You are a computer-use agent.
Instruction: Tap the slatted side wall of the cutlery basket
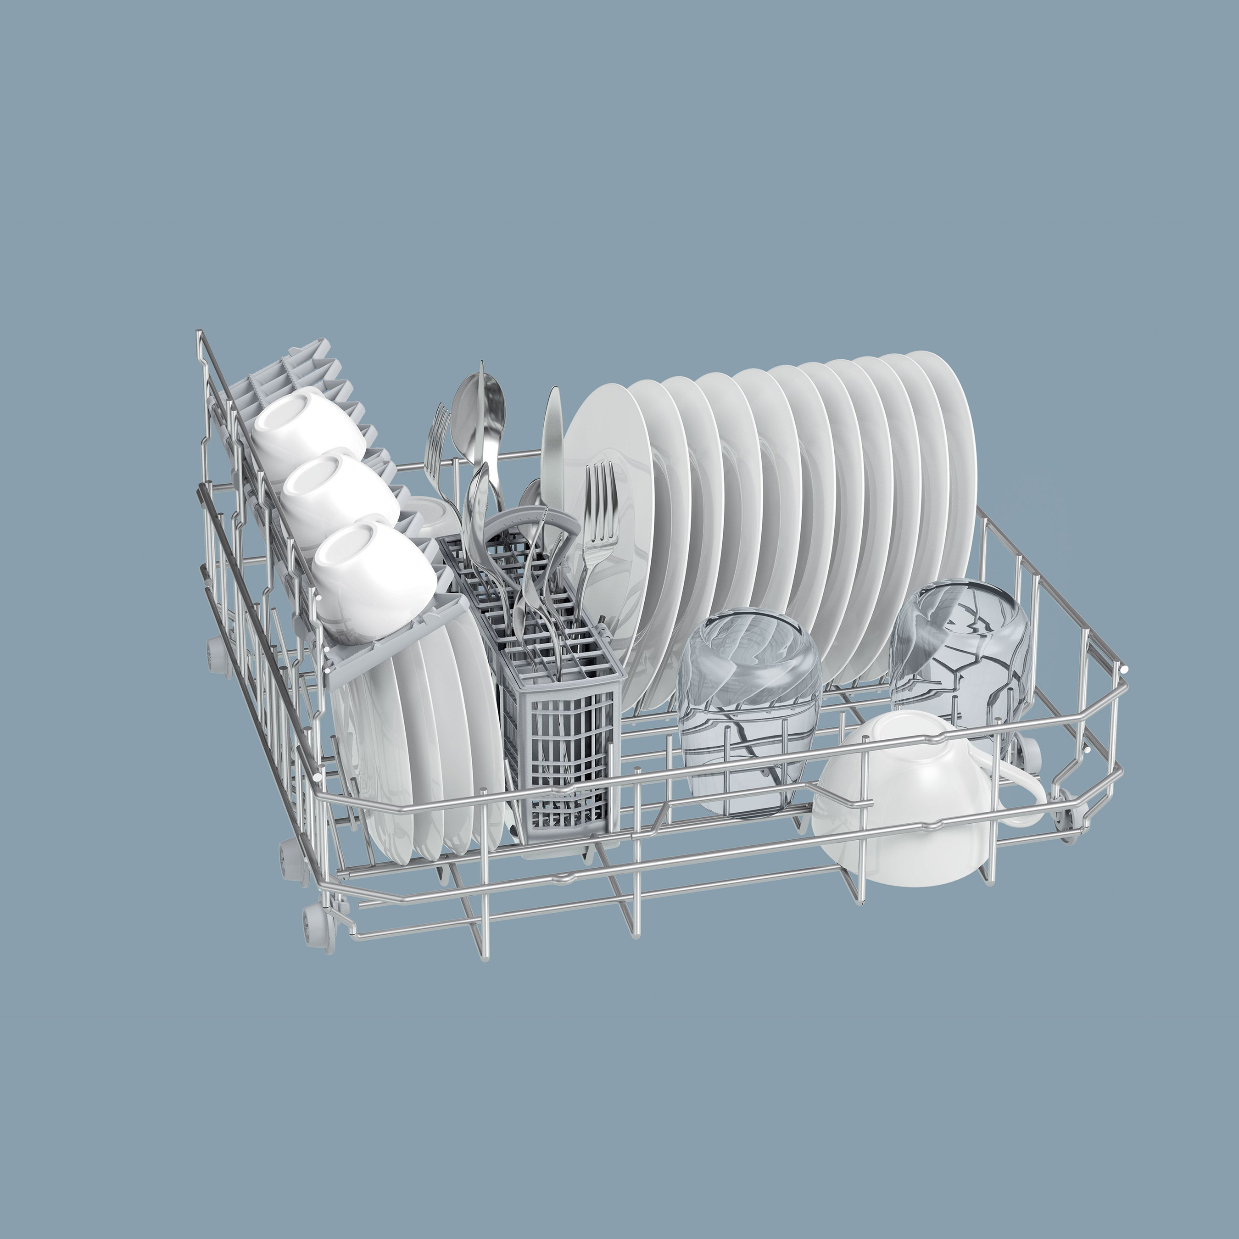pos(564,750)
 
